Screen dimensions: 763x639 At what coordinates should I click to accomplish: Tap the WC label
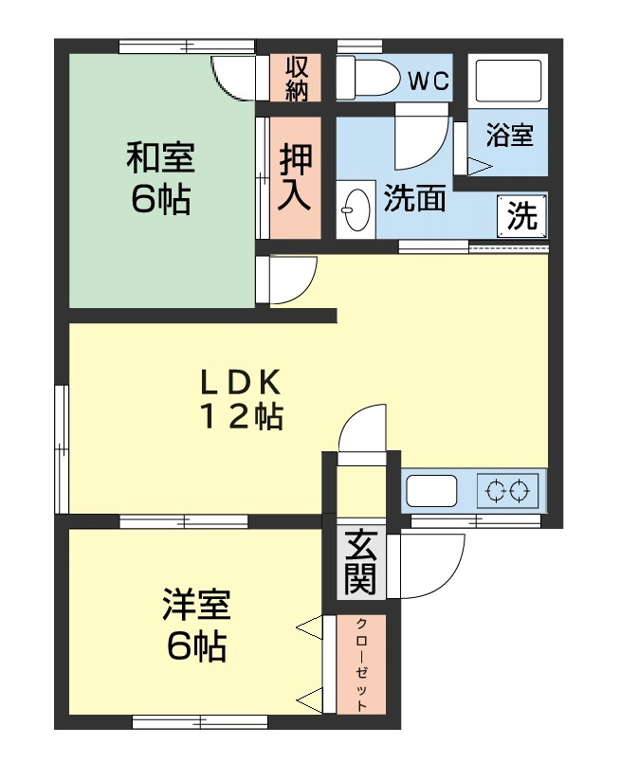(429, 81)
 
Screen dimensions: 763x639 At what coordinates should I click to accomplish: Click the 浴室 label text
(510, 135)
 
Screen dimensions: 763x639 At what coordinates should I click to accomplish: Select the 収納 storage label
(297, 78)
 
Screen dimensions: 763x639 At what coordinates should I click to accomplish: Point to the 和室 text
(161, 156)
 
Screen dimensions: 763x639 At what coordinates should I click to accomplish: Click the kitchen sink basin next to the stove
(432, 491)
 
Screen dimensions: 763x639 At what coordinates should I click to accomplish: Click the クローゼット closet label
(362, 664)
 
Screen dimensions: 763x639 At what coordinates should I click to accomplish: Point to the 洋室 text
(197, 604)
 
